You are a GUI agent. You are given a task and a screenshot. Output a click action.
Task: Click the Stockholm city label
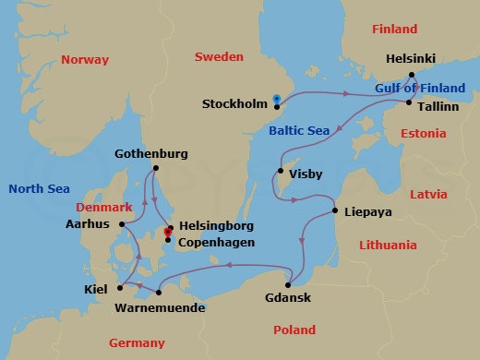pyautogui.click(x=234, y=103)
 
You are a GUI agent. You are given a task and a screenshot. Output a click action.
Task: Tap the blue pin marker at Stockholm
pyautogui.click(x=277, y=98)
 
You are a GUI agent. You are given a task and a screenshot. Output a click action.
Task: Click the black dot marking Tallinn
pyautogui.click(x=408, y=103)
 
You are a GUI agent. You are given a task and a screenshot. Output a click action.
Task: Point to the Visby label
pyautogui.click(x=306, y=172)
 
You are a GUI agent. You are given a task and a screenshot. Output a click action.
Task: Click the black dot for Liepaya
pyautogui.click(x=334, y=212)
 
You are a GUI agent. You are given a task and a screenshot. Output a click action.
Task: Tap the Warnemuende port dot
pyautogui.click(x=159, y=294)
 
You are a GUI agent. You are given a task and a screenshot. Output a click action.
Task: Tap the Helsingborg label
pyautogui.click(x=215, y=226)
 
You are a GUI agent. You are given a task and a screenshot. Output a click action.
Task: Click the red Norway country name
pyautogui.click(x=84, y=59)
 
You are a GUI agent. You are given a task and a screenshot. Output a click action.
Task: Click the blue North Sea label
pyautogui.click(x=39, y=188)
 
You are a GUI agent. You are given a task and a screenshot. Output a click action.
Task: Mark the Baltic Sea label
pyautogui.click(x=299, y=132)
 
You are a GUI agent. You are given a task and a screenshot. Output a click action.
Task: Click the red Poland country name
pyautogui.click(x=294, y=330)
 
